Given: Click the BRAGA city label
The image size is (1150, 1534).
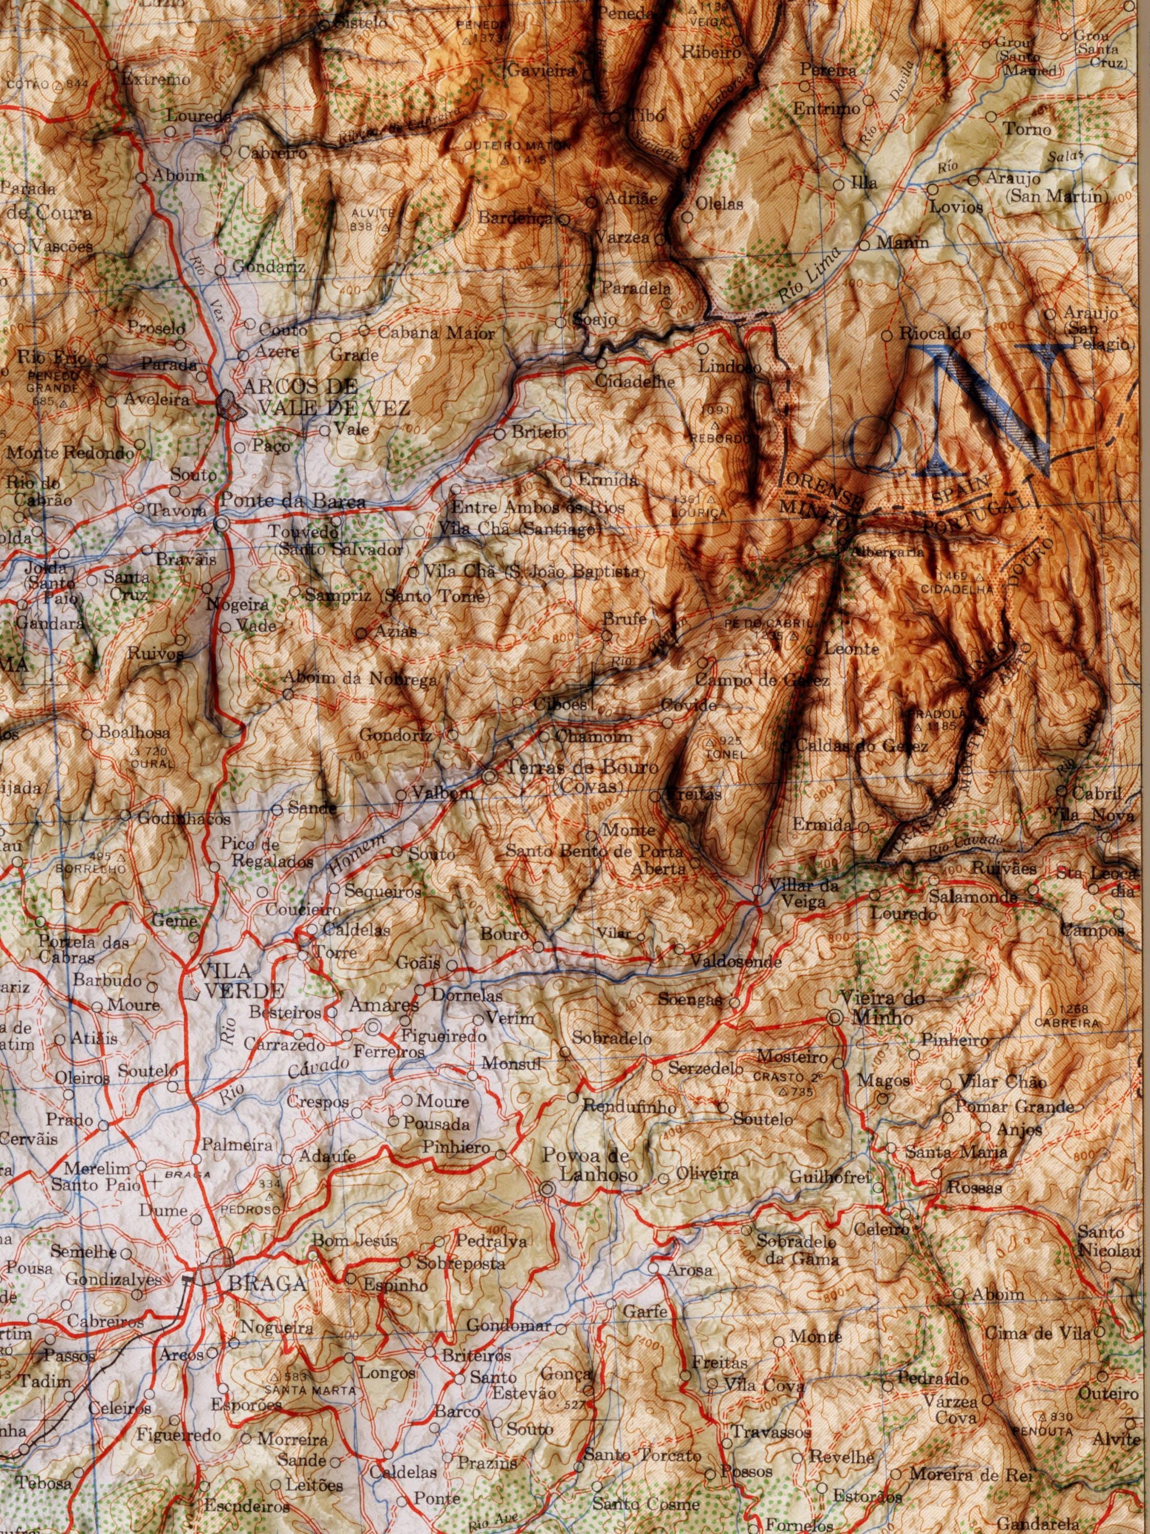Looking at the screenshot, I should click(268, 1283).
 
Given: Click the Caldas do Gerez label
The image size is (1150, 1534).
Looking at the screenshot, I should click(860, 746).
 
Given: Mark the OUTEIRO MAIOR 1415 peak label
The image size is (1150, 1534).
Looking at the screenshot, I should click(516, 152).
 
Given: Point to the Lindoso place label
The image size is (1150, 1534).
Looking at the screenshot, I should click(729, 366).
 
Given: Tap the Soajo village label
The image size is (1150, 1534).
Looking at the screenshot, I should click(593, 321).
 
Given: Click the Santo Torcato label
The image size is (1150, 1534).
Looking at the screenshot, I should click(642, 1456).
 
